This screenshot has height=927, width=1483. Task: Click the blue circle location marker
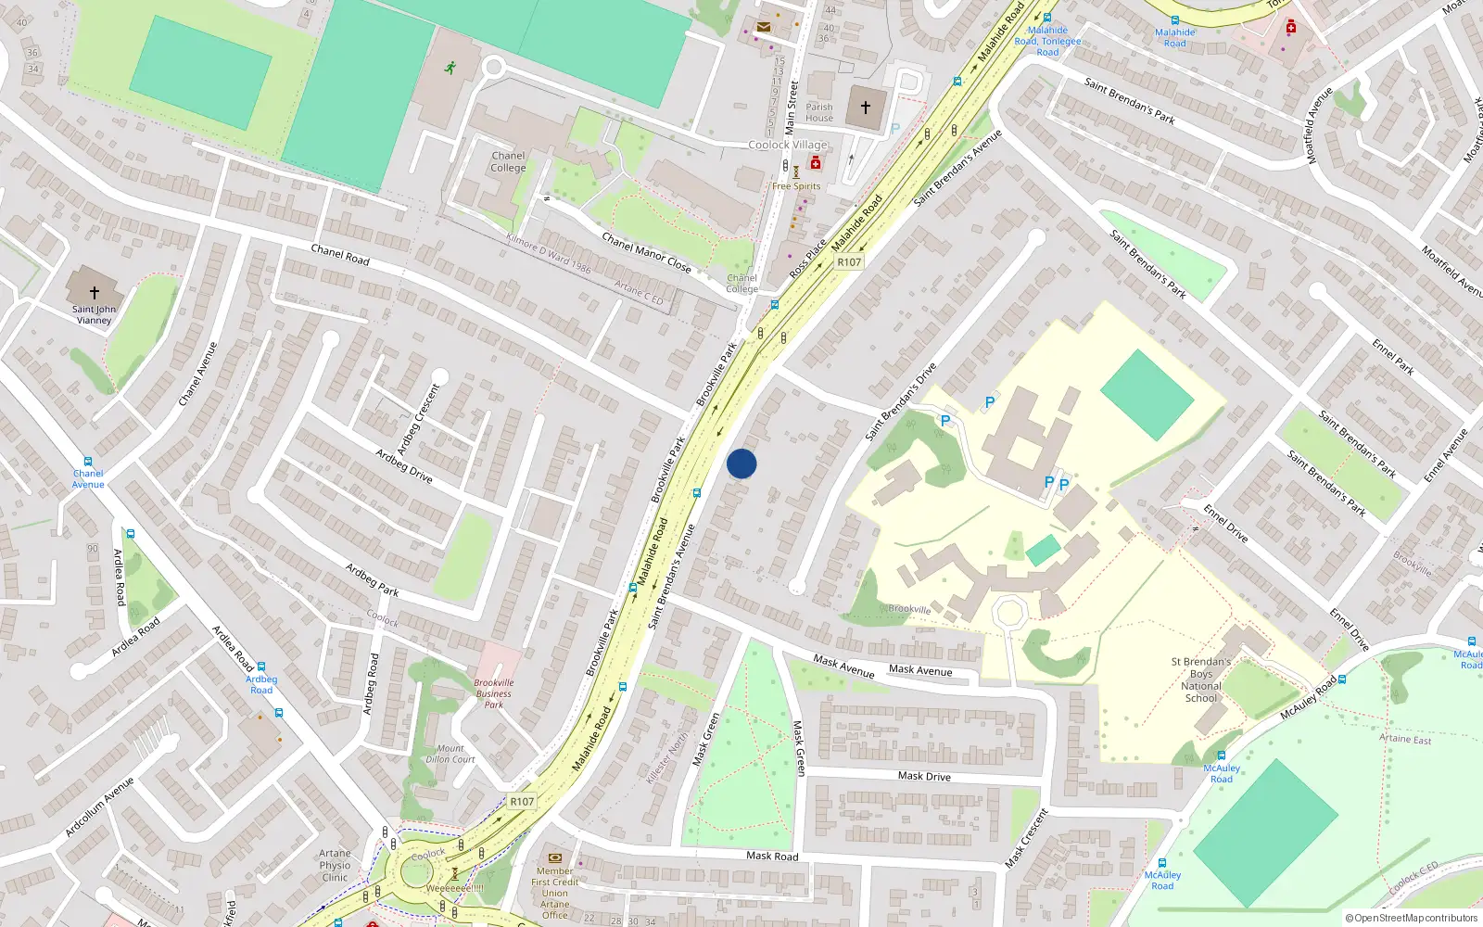(741, 463)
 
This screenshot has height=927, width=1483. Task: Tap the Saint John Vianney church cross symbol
(94, 292)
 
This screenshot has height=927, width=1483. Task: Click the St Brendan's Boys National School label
(1200, 679)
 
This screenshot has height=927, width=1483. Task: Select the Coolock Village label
(788, 145)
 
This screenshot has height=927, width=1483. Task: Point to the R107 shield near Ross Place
(849, 262)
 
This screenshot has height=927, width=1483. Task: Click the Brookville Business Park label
(494, 693)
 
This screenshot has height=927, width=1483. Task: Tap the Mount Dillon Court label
(450, 754)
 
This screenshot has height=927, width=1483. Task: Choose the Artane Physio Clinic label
(336, 865)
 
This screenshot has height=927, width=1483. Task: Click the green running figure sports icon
(450, 68)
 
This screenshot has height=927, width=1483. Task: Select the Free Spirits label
(796, 186)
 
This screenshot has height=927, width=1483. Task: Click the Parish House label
(819, 112)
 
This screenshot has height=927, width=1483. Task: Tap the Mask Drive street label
(924, 776)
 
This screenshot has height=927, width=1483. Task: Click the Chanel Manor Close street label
(646, 252)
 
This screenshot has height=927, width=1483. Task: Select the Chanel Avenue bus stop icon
(88, 462)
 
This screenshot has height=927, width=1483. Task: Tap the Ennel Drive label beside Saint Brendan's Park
(1224, 523)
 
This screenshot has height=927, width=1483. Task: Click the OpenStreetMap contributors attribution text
(1411, 918)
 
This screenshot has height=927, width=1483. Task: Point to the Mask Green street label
(800, 748)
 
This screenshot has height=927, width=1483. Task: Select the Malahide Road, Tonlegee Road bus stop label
(1047, 42)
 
